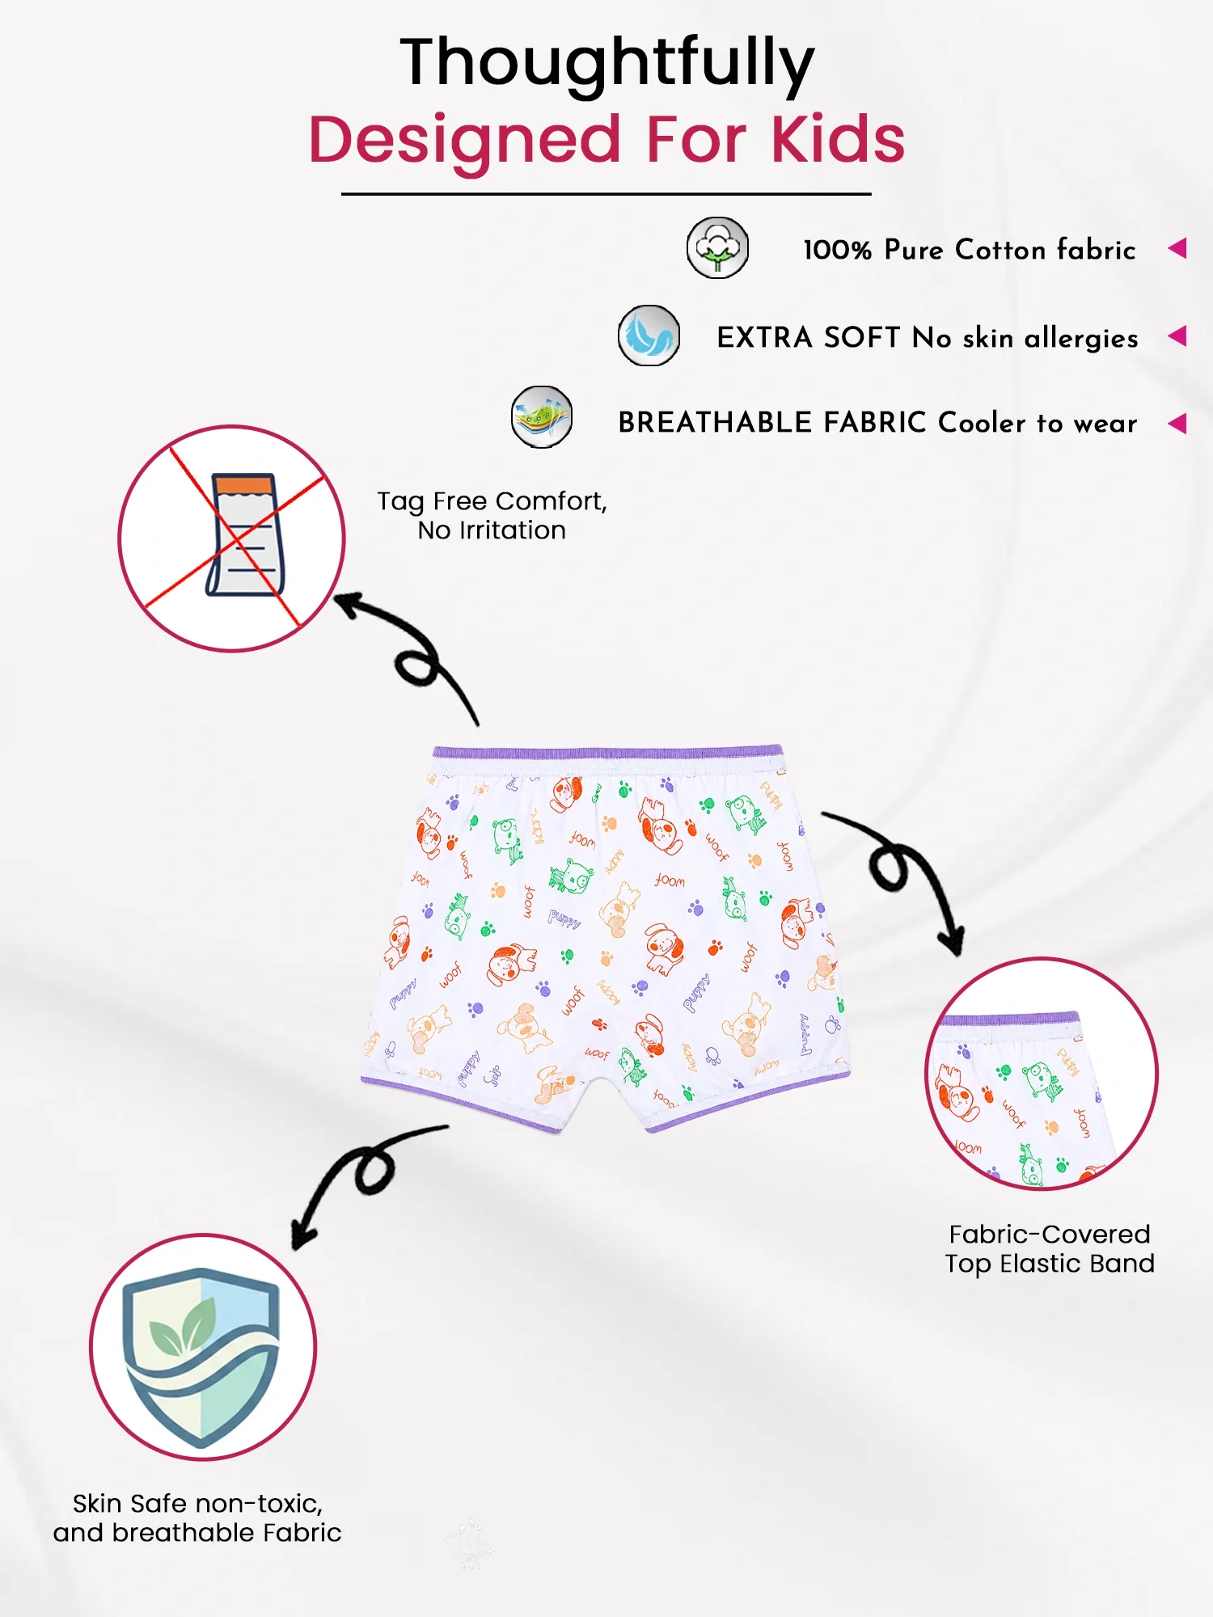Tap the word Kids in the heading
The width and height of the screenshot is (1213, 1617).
point(838,139)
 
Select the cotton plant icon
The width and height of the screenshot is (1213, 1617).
point(717,247)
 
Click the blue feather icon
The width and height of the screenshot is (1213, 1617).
point(649,336)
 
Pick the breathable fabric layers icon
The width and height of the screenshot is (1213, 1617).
point(542,417)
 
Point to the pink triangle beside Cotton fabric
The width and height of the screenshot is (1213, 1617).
point(1177,248)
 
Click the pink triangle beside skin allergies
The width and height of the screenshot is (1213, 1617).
point(1177,336)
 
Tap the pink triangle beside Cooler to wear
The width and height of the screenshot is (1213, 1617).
point(1177,423)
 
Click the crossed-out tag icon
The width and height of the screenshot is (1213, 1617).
point(232,538)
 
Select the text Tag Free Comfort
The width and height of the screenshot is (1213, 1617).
point(492,501)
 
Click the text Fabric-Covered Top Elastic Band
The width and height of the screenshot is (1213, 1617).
point(1050,1249)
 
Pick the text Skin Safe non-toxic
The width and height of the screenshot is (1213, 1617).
point(197,1504)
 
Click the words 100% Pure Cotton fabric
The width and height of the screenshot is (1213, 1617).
point(970,250)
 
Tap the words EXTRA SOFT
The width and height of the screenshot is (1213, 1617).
point(809,337)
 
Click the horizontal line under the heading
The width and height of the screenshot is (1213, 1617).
point(606,194)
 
